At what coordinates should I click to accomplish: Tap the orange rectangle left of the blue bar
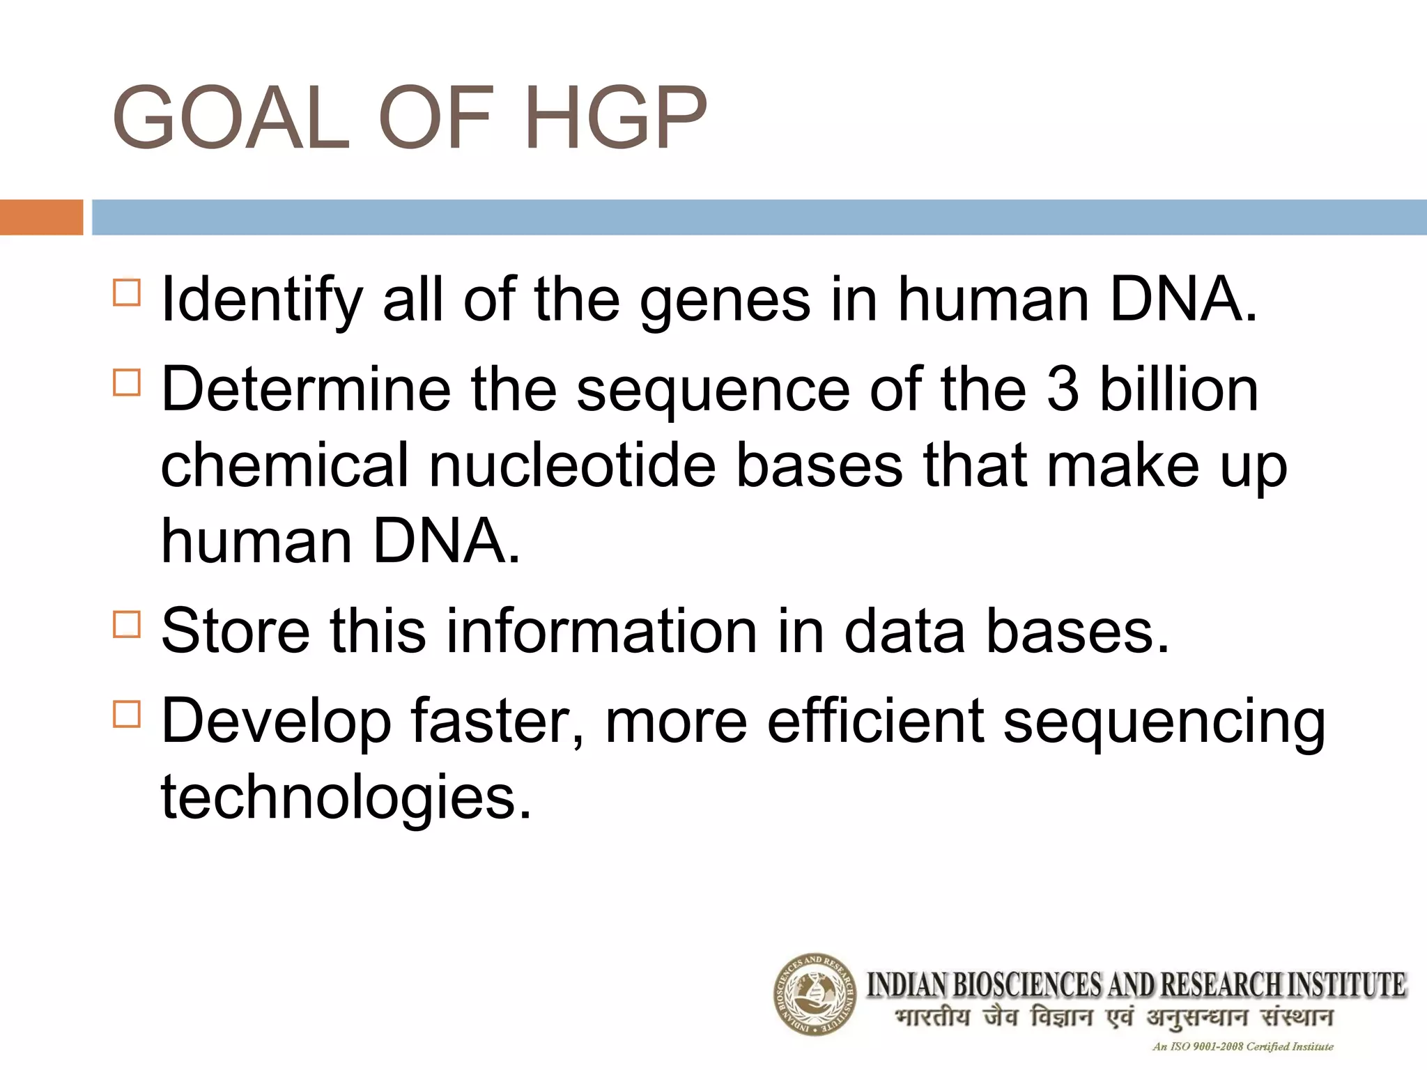point(41,217)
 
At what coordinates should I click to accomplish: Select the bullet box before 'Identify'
point(127,293)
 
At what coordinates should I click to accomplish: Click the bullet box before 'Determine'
point(127,382)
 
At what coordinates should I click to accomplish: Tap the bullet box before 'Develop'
point(127,713)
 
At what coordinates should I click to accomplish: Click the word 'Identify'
point(262,301)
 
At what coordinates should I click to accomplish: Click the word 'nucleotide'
point(572,465)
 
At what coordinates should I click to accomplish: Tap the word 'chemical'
point(285,465)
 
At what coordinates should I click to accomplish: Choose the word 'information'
point(601,631)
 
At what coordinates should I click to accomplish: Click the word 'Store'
point(236,631)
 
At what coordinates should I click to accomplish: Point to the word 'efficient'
point(875,721)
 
